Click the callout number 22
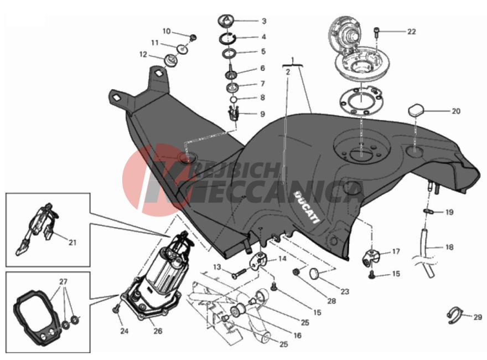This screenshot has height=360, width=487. (x=411, y=32)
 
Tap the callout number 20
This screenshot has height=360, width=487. (x=455, y=111)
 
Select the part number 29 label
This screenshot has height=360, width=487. (x=478, y=317)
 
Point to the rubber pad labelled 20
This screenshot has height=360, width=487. (x=415, y=110)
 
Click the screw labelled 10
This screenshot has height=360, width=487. (x=193, y=38)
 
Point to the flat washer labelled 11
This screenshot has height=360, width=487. (x=183, y=49)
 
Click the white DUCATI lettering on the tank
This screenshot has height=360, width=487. (x=307, y=207)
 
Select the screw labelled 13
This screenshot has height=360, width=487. (x=239, y=274)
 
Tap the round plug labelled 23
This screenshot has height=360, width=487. (x=315, y=273)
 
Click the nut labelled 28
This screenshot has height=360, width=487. (x=296, y=272)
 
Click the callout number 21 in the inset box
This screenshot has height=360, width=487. (x=72, y=242)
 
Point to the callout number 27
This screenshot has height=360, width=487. (x=63, y=282)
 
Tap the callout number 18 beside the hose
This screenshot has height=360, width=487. (x=449, y=247)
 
